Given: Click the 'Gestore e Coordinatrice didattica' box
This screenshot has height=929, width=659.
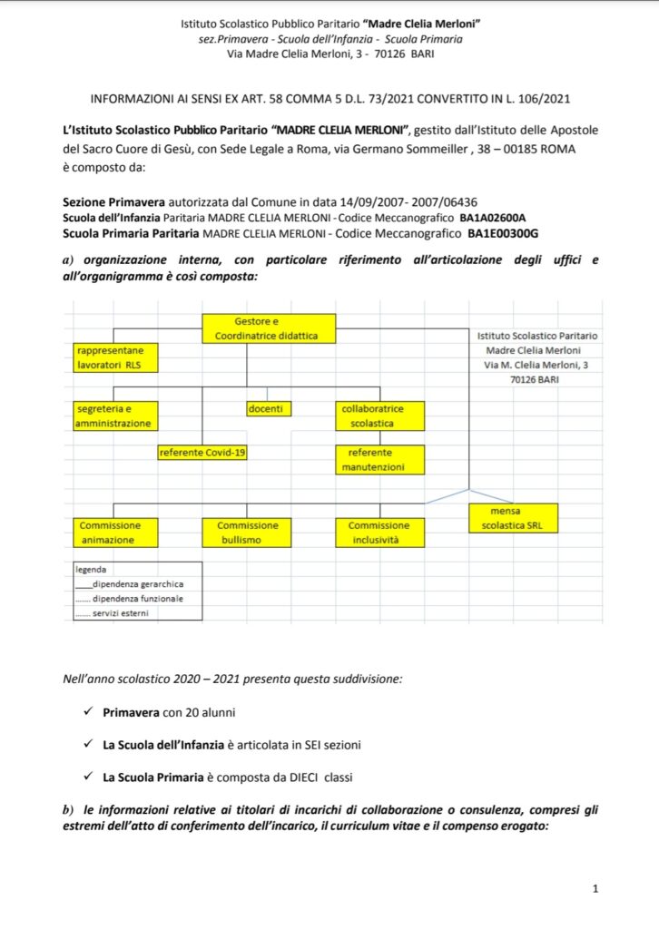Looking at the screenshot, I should [269, 328].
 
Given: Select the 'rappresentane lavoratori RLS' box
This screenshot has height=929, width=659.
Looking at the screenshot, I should [115, 357].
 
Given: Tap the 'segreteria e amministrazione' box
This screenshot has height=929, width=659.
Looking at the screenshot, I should [115, 416].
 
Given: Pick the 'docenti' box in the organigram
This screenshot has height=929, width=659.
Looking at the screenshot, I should [269, 409].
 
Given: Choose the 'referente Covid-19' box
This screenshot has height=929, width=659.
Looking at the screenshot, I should [202, 452].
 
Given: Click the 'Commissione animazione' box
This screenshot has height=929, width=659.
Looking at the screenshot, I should [115, 533].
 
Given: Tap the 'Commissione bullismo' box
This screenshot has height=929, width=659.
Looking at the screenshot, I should [246, 533].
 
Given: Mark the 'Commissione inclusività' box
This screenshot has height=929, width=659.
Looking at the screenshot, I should [379, 533].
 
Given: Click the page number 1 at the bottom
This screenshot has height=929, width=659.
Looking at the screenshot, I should [595, 889].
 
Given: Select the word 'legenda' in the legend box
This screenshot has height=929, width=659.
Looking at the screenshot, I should [91, 570].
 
